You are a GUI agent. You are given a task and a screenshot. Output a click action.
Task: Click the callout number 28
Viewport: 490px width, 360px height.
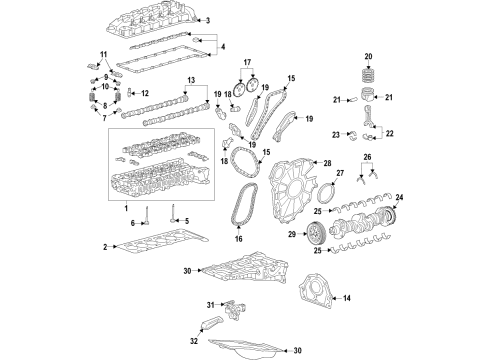point(327,163)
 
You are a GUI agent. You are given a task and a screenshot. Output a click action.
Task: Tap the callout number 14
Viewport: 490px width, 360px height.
point(346,298)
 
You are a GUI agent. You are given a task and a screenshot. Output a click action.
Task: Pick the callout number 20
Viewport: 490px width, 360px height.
point(367,56)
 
